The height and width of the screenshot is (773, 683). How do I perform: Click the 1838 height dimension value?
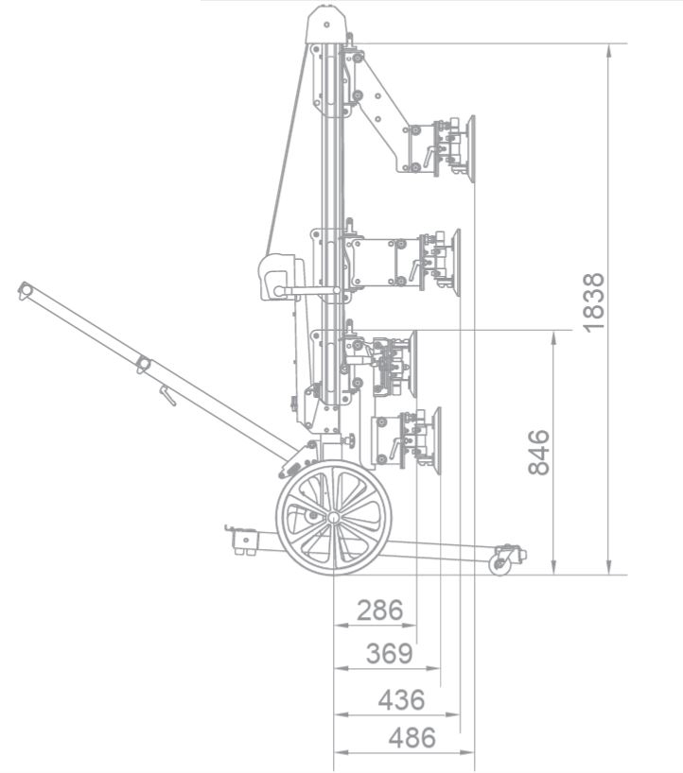(x=593, y=302)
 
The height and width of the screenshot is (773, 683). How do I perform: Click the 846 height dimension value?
(x=538, y=452)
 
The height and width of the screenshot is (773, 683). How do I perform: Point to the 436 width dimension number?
(x=401, y=700)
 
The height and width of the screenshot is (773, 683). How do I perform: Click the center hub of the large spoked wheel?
(x=333, y=518)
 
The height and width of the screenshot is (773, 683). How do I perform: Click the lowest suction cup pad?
(x=435, y=437)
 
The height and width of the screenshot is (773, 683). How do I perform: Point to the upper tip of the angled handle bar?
(x=25, y=289)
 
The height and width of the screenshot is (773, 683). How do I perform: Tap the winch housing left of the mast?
(x=279, y=278)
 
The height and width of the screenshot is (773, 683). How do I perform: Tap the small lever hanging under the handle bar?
(x=166, y=396)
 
